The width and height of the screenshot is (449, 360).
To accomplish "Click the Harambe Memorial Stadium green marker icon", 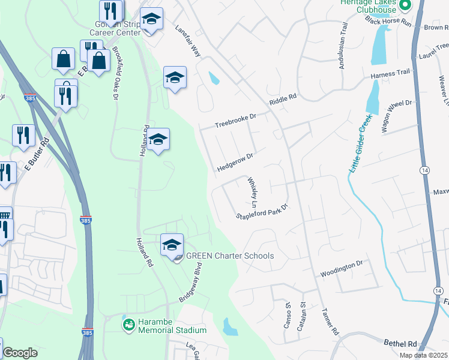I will tap(128, 325).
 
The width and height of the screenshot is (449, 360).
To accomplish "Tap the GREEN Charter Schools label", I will tap(230, 256).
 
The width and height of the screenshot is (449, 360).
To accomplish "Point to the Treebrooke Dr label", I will tap(236, 121).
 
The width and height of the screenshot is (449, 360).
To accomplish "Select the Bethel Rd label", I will tap(400, 343).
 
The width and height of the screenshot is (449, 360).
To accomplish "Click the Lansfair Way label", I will tap(187, 41).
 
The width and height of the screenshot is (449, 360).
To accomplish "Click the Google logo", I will tap(20, 353).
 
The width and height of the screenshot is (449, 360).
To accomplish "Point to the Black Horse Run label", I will tap(387, 22).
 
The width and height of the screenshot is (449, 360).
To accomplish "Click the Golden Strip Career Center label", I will tap(114, 28).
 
